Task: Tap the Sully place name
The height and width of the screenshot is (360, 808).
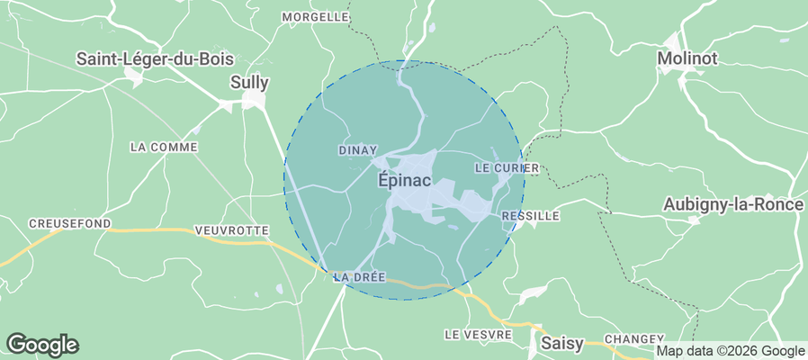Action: point(250,82)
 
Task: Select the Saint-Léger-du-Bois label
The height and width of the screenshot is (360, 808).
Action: point(155,58)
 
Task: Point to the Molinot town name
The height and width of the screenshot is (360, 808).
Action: point(688,58)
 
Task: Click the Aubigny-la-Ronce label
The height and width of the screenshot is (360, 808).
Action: point(732,204)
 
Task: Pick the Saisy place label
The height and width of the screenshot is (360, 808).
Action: point(562,343)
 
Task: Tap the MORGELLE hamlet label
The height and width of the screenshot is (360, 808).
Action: point(315,16)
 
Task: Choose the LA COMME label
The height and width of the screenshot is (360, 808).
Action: point(163,147)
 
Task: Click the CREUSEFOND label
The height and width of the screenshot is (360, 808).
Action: point(69,223)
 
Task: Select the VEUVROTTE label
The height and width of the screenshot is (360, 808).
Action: point(231,231)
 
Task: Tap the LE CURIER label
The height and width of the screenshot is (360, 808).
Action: point(506,168)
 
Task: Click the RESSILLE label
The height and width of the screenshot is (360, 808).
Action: point(531,216)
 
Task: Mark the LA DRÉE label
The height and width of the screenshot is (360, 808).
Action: point(359,277)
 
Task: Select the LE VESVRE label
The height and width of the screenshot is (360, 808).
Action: point(478,334)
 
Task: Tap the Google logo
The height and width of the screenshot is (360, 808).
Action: point(42,344)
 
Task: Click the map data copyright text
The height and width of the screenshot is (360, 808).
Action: point(730,351)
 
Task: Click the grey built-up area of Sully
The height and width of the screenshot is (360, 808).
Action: point(255,100)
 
